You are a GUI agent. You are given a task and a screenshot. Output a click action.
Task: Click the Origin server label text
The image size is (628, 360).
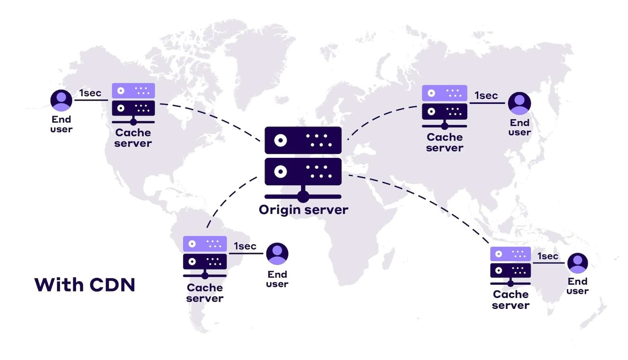pos(303,210)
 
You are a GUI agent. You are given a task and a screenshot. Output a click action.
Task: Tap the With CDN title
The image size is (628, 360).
pos(85,285)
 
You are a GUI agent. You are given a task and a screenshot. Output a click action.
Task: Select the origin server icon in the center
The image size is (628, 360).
pos(303,163)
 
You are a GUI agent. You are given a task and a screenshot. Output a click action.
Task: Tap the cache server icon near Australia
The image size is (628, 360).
pos(510,266)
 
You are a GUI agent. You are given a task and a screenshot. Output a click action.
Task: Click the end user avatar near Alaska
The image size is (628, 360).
pos(61,100)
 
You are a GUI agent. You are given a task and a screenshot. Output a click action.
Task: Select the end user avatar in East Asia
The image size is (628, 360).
pos(519,103)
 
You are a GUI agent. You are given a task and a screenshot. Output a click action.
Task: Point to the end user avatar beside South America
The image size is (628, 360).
pos(277,254)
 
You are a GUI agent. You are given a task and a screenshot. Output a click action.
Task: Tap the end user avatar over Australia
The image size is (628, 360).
pos(577,263)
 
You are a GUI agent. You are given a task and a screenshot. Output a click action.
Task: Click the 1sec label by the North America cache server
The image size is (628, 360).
pos(90,93)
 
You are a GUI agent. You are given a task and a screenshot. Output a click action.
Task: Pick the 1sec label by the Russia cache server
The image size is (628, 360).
pos(486,96)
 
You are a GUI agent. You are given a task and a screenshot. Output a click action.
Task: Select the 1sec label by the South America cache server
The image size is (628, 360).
pos(245,246)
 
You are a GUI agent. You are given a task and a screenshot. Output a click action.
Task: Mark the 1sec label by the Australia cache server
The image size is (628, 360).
pos(547,256)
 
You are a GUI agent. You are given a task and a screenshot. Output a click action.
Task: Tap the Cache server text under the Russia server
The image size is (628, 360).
pos(444,143)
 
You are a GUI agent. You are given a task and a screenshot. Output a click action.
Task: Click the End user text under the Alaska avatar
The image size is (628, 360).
pos(61,124)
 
